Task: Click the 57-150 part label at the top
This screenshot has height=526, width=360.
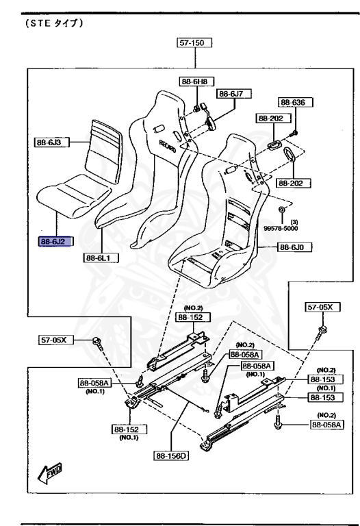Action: click(x=194, y=42)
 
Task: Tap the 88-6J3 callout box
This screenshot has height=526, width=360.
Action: click(x=51, y=142)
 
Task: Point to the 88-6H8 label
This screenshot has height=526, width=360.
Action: click(x=196, y=82)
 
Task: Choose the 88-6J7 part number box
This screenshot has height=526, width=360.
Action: click(x=234, y=94)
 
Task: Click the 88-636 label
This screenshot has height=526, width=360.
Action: click(x=295, y=102)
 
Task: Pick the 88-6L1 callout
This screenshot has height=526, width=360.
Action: click(x=101, y=258)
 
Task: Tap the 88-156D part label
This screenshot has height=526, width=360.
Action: click(x=171, y=455)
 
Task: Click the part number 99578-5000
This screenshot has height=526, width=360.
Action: click(x=281, y=229)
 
